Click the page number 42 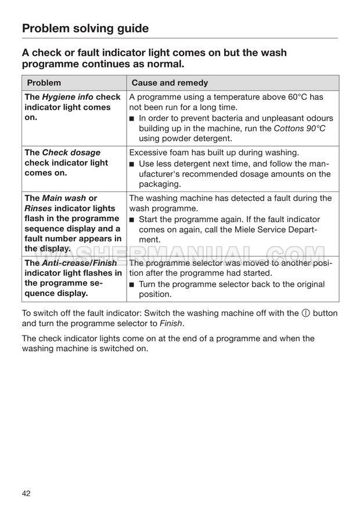26,493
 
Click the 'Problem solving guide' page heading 85,28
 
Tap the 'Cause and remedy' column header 170,83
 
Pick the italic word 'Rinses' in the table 38,208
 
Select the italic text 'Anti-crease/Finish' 79,263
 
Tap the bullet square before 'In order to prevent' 132,118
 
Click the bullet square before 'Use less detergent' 132,164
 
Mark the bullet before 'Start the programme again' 132,219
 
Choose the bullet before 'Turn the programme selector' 132,285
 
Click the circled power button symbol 305,313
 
